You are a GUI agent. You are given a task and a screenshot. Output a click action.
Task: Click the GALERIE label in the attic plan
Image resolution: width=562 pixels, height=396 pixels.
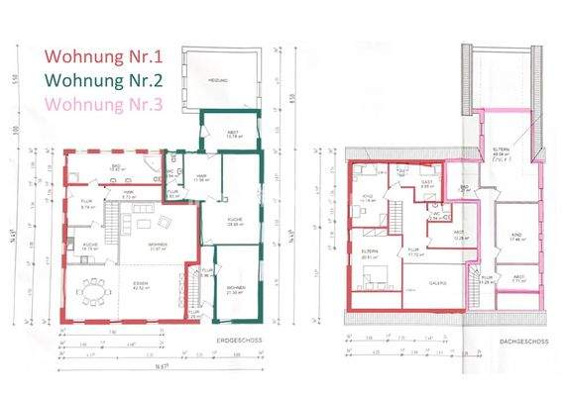click(x=438, y=282)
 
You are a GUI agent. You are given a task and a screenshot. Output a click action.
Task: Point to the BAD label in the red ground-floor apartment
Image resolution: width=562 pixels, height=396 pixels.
click(x=115, y=165)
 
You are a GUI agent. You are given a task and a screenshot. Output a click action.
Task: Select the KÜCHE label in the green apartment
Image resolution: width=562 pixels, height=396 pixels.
click(x=235, y=222)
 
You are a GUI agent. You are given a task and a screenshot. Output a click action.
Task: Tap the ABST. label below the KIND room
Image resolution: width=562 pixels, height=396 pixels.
click(x=517, y=279)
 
